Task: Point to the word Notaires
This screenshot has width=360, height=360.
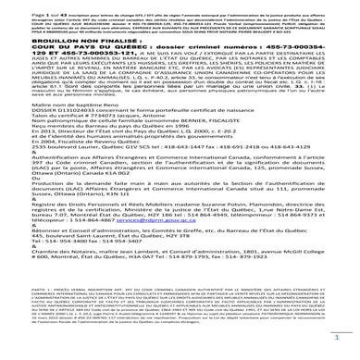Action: click(x=62, y=281)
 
